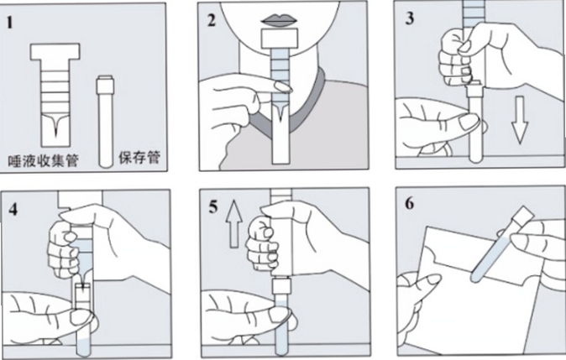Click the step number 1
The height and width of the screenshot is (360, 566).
click(x=10, y=23)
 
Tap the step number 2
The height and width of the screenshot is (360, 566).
click(x=212, y=20)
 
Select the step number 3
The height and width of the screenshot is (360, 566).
click(x=409, y=18)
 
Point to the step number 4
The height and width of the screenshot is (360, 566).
click(x=13, y=209)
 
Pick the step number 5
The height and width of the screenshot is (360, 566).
click(x=213, y=207)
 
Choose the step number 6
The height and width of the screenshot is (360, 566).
click(x=409, y=203)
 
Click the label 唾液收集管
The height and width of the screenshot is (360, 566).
click(x=44, y=160)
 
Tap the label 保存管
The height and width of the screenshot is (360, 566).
click(x=139, y=158)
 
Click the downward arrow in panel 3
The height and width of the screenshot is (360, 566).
click(x=520, y=120)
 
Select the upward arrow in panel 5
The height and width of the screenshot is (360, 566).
click(x=234, y=224)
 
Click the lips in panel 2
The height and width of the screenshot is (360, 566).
click(x=280, y=20)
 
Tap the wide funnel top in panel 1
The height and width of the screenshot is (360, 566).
click(x=55, y=51)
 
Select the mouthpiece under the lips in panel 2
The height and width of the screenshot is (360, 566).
click(x=280, y=39)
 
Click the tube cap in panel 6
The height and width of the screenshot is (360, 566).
click(x=522, y=216)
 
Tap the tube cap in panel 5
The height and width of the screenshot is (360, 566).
click(x=280, y=287)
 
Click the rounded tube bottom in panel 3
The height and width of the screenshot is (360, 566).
click(x=476, y=158)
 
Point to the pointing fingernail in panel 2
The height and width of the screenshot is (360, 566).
click(x=283, y=87)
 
